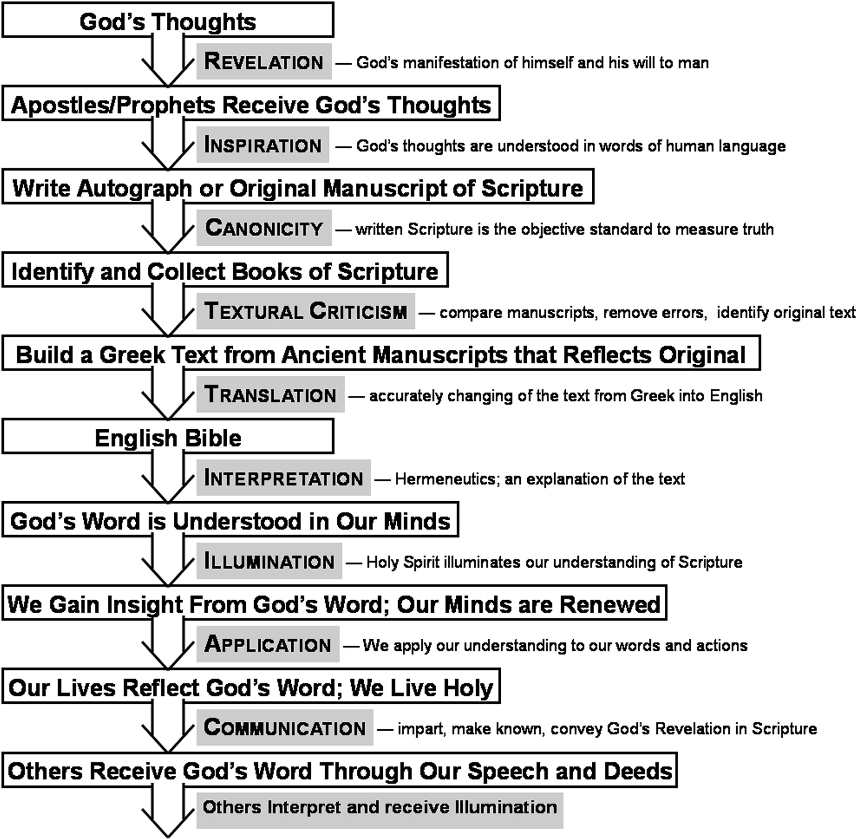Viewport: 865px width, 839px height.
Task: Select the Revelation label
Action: tap(264, 61)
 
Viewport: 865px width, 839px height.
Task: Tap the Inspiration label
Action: tap(263, 145)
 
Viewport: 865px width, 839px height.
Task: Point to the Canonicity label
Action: tap(264, 228)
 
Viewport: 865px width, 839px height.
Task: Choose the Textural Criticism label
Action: tap(306, 311)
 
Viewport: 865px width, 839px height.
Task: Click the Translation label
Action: tap(270, 394)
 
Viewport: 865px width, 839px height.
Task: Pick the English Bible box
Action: tap(168, 437)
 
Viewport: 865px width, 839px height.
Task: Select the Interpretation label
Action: tap(283, 478)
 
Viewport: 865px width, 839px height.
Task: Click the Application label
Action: tap(268, 644)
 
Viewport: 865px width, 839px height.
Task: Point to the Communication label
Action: tap(285, 727)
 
